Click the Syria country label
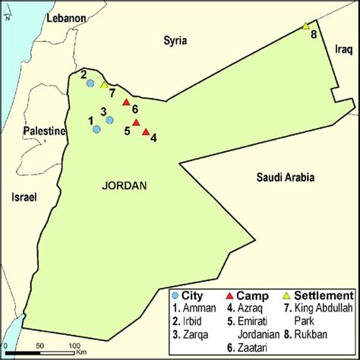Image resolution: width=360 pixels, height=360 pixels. pos(175,40)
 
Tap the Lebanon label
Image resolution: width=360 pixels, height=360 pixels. pos(66,17)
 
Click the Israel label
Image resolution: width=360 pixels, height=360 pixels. pos(24,197)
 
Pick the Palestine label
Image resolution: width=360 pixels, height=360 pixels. pos(44,131)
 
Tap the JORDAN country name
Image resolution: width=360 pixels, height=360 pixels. pos(124,185)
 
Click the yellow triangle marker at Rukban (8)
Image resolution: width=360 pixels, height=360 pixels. pos(305,26)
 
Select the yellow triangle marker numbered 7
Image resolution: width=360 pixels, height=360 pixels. pos(104,84)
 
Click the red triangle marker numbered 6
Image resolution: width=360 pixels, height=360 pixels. pos(126,102)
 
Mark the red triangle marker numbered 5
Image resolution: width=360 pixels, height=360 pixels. pos(136,122)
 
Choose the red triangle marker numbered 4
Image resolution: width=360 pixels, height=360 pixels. pos(145,131)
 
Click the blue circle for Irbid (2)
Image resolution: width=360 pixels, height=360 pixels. pos(90,83)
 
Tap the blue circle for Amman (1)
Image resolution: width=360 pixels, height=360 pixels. pos(96,129)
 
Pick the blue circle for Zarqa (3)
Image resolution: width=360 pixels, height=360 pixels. pos(110,119)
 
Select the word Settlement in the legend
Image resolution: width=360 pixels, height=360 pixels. pos(324,295)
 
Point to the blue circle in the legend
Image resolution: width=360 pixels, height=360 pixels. pos(175,295)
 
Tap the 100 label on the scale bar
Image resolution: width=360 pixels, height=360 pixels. pos(76,346)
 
